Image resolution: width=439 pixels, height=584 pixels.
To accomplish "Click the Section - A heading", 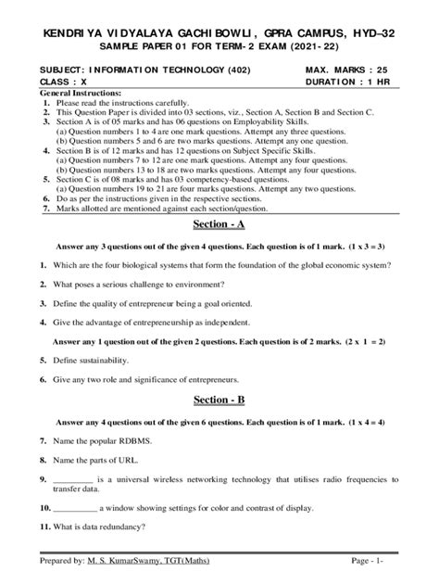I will click(x=219, y=224).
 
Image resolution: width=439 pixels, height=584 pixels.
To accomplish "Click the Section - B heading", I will click(x=219, y=400).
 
